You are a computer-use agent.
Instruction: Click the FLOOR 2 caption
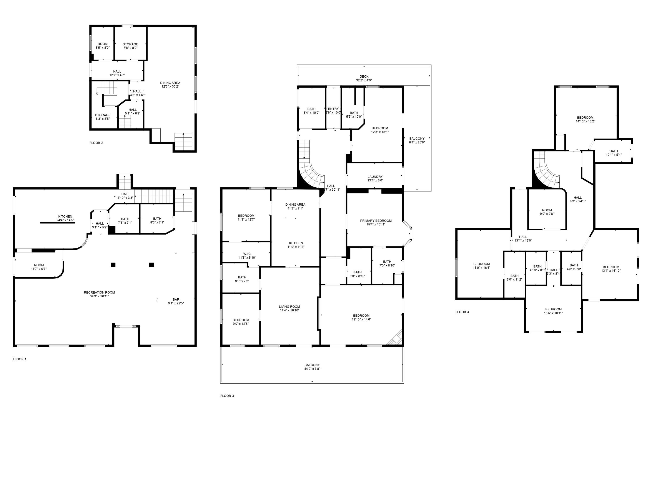click(x=96, y=143)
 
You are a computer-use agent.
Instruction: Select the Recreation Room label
click(x=99, y=292)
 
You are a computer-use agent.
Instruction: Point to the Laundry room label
click(x=375, y=177)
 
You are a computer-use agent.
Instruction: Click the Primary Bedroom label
click(x=376, y=221)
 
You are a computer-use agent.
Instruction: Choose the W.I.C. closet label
click(x=247, y=254)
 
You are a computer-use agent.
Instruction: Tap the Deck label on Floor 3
click(x=364, y=77)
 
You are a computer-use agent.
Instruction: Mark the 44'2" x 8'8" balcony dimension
click(x=312, y=369)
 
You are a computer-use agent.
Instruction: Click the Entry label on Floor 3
click(x=333, y=109)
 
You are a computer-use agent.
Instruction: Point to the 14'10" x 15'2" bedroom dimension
click(x=585, y=121)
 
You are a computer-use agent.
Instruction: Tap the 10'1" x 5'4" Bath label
click(x=614, y=151)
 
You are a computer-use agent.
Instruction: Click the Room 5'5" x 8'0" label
click(x=103, y=44)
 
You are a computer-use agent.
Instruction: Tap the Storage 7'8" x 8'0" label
click(x=130, y=44)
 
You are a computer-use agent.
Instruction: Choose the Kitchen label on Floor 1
click(x=65, y=217)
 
